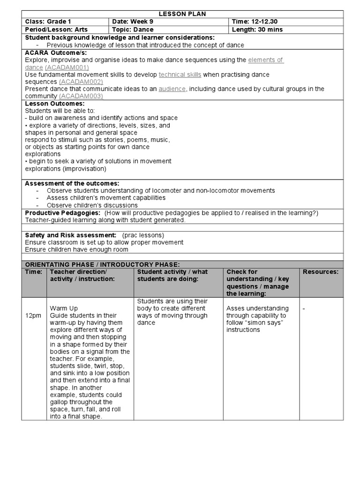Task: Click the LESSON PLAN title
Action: tap(183, 14)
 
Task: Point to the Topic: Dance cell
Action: tap(133, 30)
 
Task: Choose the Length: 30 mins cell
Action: tap(257, 30)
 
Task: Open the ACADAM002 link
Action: tap(82, 82)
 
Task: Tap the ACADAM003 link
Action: tap(81, 96)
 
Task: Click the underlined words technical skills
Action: tap(180, 75)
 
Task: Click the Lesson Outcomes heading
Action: tap(54, 103)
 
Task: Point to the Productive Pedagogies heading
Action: tap(62, 213)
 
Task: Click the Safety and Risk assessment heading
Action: tap(70, 235)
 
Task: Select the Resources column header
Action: tap(320, 272)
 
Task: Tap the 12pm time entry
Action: tap(33, 316)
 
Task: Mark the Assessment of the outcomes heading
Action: tap(72, 183)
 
